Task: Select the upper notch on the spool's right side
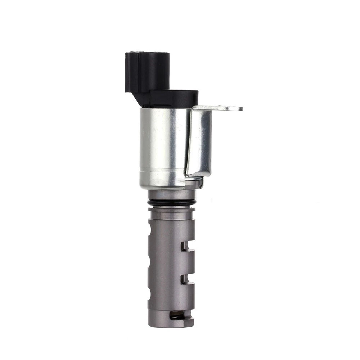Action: (188, 246)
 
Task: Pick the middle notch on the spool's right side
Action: (188, 278)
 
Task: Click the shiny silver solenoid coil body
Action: (162, 144)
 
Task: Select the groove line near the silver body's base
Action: (162, 169)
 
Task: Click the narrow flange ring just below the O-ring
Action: (171, 210)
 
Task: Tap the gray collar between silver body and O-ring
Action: (171, 195)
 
